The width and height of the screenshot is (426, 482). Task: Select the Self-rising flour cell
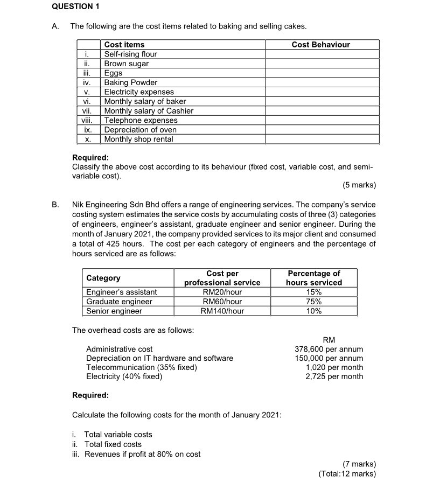point(130,54)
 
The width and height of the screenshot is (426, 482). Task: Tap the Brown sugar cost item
point(126,64)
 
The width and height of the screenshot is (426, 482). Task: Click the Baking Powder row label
point(130,82)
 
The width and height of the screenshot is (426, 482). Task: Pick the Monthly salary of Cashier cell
point(148,111)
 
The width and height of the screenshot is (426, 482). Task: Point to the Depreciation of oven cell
point(140,130)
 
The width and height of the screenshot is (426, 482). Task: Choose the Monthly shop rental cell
point(138,139)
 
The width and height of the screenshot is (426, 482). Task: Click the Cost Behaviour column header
point(320,45)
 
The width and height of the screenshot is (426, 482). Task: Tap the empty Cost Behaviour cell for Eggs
point(322,73)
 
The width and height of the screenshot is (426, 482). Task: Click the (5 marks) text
point(359,185)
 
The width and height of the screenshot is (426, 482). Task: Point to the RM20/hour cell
point(222,292)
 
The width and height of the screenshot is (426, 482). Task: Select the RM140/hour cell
point(222,311)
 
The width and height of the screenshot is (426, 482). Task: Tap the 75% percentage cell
point(313,302)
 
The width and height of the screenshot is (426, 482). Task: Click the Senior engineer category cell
point(114,311)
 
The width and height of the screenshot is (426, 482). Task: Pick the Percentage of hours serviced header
point(313,278)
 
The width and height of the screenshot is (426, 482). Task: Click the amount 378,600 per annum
point(329,349)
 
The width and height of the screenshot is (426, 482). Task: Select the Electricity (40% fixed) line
point(124,376)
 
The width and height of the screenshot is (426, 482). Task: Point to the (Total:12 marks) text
point(347,474)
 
